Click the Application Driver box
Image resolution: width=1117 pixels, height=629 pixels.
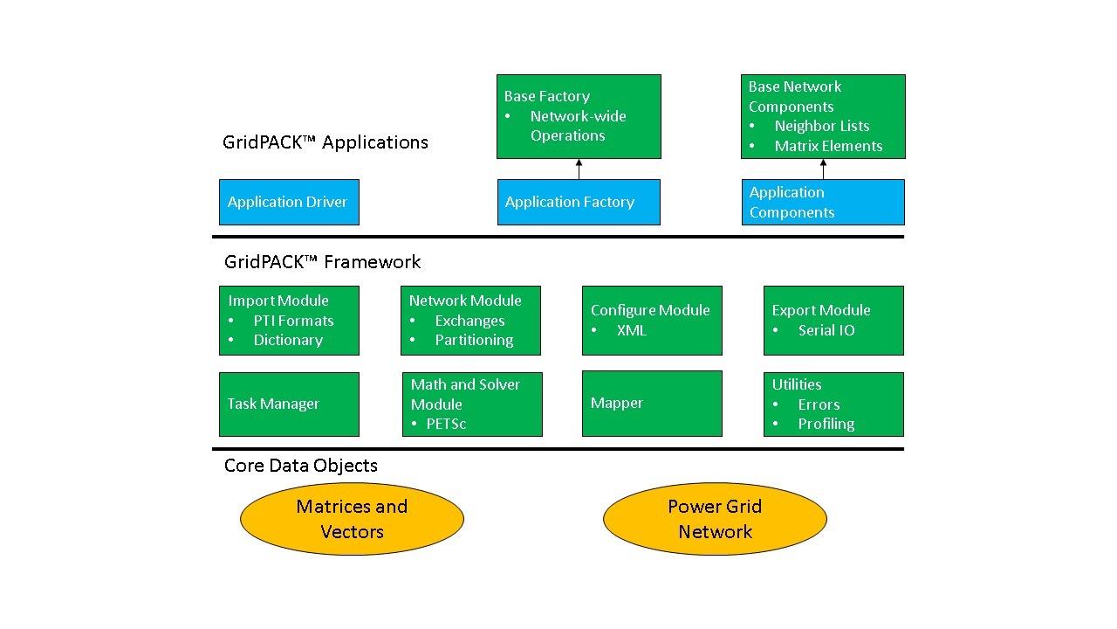[289, 202]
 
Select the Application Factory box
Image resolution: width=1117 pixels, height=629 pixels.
[579, 202]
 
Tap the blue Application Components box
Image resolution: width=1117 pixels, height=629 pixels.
[823, 202]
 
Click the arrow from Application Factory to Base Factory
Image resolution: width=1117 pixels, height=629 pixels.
[579, 169]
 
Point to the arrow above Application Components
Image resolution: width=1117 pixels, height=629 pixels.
[823, 169]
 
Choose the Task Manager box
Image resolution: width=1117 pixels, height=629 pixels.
[289, 404]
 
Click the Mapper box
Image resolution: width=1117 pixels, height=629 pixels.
[652, 403]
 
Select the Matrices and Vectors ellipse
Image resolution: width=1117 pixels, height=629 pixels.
[352, 519]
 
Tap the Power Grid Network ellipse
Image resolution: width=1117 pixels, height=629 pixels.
[715, 519]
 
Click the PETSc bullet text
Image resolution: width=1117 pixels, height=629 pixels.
[446, 424]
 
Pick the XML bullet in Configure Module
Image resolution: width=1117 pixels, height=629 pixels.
[631, 330]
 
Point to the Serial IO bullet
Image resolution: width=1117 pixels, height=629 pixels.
[826, 330]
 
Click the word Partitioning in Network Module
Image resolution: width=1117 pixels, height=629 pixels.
[474, 340]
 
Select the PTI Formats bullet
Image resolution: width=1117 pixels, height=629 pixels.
[293, 321]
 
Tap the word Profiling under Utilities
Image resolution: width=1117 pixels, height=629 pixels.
[826, 424]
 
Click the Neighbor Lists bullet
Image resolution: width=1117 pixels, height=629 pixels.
[821, 126]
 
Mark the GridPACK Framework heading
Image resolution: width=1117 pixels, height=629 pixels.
[322, 262]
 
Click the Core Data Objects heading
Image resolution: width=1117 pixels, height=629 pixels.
[301, 466]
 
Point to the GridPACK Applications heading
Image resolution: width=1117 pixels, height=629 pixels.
[326, 142]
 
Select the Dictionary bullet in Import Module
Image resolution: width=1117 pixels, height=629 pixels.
[288, 340]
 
